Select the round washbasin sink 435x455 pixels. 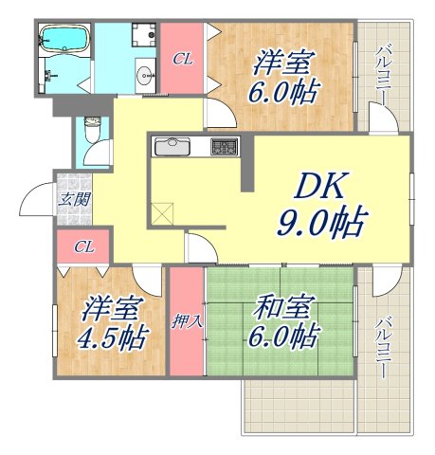point(143,74)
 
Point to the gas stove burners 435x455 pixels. point(225,146)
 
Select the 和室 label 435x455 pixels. point(283,307)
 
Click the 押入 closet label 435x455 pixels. point(187,320)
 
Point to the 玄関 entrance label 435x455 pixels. point(75,199)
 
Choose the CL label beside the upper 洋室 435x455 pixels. point(183,59)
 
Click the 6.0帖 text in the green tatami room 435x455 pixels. point(284,337)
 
